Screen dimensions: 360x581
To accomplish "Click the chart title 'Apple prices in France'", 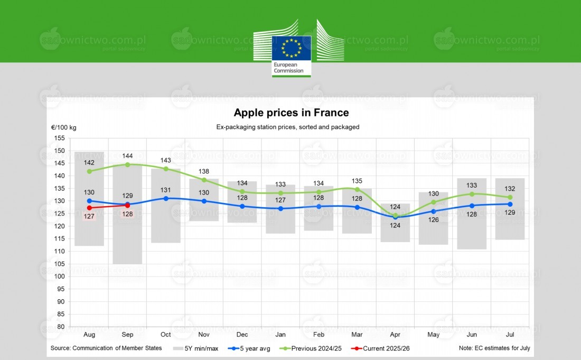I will tap(291, 113).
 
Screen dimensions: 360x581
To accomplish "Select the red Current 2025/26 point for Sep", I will tap(127, 205).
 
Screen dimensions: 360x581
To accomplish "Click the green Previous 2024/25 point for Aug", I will tap(89, 171).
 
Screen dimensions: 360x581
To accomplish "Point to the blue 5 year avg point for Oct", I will tap(166, 198).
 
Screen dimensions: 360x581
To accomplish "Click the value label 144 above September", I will tap(127, 156).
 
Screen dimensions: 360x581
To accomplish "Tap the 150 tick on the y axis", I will tap(59, 151).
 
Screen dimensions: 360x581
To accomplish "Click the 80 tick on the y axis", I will tap(61, 327).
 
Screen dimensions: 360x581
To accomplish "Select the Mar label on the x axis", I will tap(357, 335).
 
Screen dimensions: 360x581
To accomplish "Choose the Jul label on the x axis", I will tap(510, 335).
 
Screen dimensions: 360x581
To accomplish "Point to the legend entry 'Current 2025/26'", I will tap(383, 348).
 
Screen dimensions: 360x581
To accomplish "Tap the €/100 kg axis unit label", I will tap(63, 127).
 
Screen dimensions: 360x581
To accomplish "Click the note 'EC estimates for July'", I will tap(495, 348).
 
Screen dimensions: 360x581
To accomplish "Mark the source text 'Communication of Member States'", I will tap(106, 348).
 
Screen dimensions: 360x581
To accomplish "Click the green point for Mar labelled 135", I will tap(357, 189).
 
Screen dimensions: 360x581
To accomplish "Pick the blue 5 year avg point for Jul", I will tap(510, 204).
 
